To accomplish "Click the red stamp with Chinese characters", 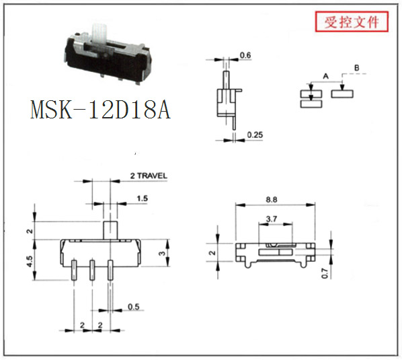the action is pos(352,22).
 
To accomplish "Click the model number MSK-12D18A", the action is pos(100,110).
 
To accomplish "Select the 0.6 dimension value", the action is pos(245,55).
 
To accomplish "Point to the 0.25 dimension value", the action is pos(255,135).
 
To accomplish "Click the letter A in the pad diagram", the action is pos(325,76).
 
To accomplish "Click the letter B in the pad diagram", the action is pos(356,68).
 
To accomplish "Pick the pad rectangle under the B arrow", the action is pos(342,94).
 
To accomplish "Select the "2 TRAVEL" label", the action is pos(149,176).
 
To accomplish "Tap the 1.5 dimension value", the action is pos(142,199).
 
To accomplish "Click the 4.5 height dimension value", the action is pos(30,261).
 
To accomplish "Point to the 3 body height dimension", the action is pos(162,253).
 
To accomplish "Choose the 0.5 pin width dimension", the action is pos(134,307).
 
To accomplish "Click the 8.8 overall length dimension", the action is pos(271,199).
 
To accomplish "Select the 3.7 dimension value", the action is pos(272,219).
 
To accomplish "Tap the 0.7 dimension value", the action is pos(325,273).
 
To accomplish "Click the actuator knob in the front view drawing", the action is pos(110,230).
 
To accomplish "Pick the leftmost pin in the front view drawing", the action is pos(74,270).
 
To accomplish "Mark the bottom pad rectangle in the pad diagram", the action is pos(311,104).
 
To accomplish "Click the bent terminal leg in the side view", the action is pos(234,122).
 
